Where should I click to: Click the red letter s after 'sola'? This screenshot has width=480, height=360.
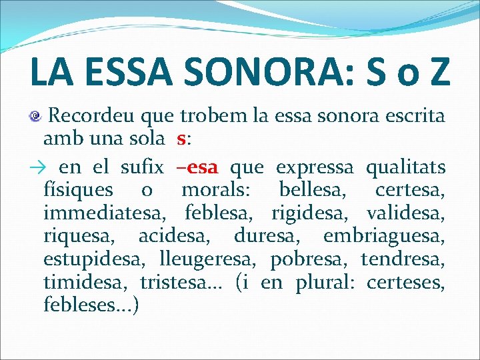[181, 139]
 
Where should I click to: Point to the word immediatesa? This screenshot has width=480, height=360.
[104, 213]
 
